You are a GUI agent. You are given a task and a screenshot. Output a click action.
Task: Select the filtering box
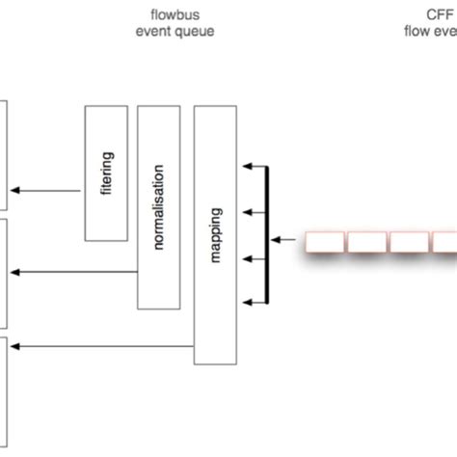click(107, 174)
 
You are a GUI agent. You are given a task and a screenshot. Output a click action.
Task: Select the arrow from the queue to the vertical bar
click(287, 239)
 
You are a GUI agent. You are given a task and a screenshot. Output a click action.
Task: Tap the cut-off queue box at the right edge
click(444, 241)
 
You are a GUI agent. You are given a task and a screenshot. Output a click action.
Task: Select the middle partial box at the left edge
click(5, 273)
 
